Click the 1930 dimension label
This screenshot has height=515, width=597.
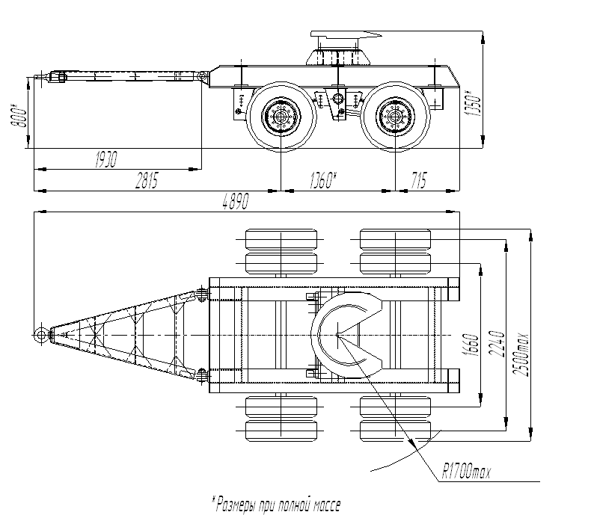click(x=105, y=159)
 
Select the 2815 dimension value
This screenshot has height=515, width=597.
click(x=147, y=180)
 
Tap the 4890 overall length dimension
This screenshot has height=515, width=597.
click(x=236, y=201)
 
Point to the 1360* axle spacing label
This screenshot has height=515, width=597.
click(x=323, y=180)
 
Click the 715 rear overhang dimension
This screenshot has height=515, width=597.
click(x=419, y=180)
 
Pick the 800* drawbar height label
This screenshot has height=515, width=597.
click(x=19, y=116)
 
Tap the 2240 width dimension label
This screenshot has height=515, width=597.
click(x=497, y=344)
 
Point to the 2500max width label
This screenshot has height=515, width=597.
click(x=521, y=355)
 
